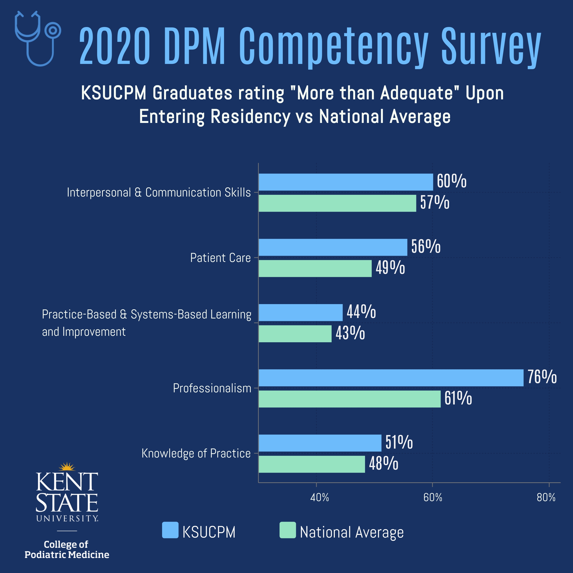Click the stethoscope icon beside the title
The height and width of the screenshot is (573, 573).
(x=38, y=39)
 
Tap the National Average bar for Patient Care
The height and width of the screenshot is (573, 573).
(x=315, y=268)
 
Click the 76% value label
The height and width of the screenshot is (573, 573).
(x=542, y=377)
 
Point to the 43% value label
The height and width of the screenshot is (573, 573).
(x=350, y=333)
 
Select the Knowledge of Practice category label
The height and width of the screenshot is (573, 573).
(x=196, y=454)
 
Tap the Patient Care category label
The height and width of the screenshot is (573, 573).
(x=220, y=258)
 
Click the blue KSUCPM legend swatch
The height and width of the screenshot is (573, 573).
(x=170, y=530)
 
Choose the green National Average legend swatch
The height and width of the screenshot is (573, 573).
(x=288, y=530)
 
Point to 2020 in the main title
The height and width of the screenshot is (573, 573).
(x=115, y=46)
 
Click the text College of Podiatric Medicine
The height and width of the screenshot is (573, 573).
(x=67, y=549)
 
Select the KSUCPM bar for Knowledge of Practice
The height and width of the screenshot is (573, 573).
(x=320, y=443)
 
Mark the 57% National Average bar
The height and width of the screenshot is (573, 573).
(x=337, y=203)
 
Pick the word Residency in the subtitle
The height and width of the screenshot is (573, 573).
(x=250, y=116)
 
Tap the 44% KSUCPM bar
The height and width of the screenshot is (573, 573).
(x=300, y=312)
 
